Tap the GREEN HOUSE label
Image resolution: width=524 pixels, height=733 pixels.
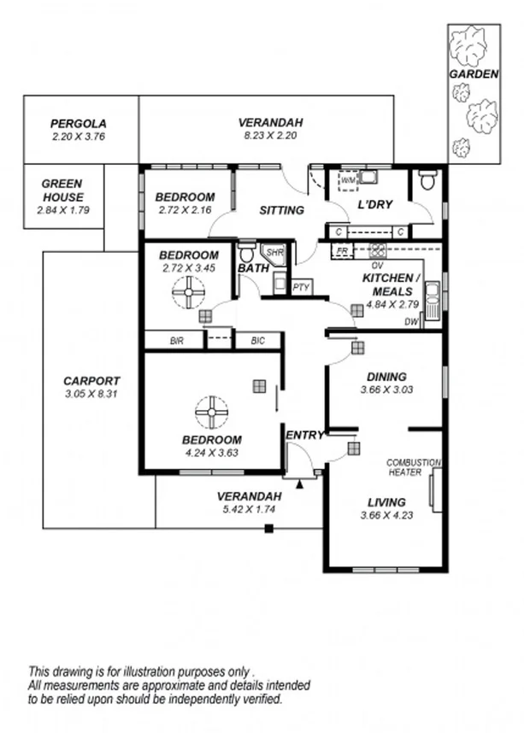[x=62, y=190]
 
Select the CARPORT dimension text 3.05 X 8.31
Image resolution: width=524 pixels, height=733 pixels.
[x=91, y=394]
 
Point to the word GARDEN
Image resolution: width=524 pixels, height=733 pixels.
[x=474, y=74]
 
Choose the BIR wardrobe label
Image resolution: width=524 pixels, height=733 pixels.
[x=176, y=340]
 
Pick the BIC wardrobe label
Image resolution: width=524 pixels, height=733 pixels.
[x=258, y=340]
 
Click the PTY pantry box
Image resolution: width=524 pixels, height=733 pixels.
[x=301, y=287]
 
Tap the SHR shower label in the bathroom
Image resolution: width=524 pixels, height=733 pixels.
[x=274, y=253]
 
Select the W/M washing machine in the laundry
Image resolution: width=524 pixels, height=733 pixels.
[x=348, y=181]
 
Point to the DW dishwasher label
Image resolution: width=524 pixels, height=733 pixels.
[x=411, y=322]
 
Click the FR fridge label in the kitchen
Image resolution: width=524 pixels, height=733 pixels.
[x=342, y=251]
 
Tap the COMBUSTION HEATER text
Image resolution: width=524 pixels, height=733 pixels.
[x=413, y=467]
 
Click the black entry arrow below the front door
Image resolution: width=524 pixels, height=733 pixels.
[x=299, y=484]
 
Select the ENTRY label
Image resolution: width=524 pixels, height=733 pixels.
[x=304, y=436]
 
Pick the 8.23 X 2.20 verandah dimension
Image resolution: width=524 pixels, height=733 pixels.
[x=270, y=136]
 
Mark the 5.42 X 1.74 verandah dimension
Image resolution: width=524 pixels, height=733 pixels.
[x=248, y=510]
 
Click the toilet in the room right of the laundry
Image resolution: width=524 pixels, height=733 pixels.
[x=427, y=181]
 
